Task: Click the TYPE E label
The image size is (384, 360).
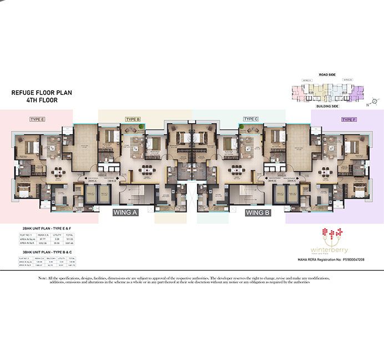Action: [37, 119]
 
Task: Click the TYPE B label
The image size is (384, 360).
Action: [133, 119]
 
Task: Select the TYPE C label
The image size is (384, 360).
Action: [251, 119]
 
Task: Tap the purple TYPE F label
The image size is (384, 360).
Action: [348, 119]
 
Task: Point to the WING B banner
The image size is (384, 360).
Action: [258, 212]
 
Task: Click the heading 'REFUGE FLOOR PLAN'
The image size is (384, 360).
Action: [42, 93]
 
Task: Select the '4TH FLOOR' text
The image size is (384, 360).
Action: [42, 101]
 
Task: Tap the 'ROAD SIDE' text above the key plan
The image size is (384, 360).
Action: [328, 74]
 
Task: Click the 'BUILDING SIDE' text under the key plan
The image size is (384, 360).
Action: [328, 105]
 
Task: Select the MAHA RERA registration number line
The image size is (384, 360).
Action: [337, 259]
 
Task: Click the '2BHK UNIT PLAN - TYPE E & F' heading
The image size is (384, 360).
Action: [43, 228]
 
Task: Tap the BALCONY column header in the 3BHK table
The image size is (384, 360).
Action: [53, 258]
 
